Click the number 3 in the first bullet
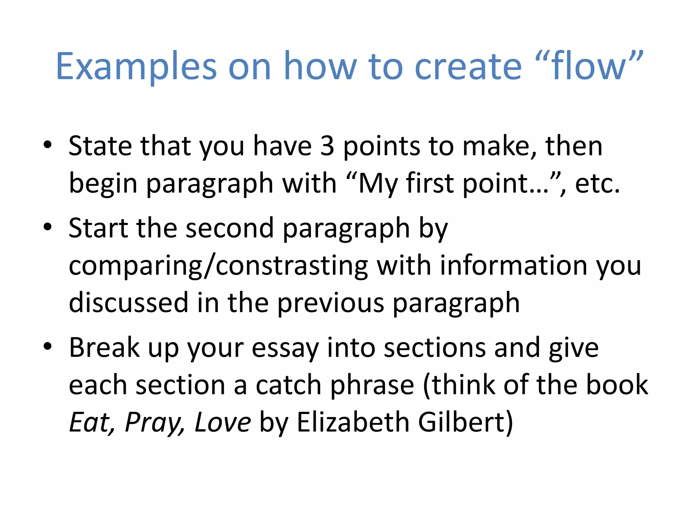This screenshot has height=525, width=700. click(327, 146)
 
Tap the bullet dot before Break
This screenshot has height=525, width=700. click(48, 346)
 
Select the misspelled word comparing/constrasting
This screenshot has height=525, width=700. click(218, 266)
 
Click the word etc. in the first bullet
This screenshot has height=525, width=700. click(597, 184)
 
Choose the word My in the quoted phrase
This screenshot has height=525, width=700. click(378, 184)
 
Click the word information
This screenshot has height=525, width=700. click(513, 266)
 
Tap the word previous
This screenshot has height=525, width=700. click(331, 303)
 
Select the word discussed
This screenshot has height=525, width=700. click(129, 303)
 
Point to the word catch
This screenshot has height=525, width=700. click(288, 385)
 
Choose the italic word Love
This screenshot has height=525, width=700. click(223, 422)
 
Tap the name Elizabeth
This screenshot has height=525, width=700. click(353, 422)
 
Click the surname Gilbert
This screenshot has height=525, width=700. click(465, 422)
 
